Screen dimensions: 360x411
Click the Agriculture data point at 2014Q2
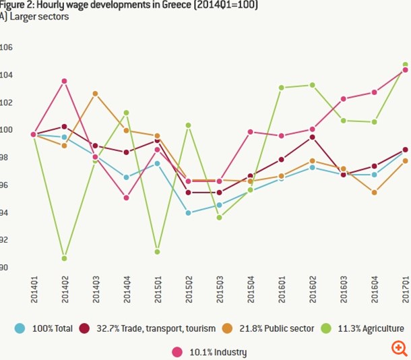(x=64, y=258)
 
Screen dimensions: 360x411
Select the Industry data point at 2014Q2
(x=64, y=82)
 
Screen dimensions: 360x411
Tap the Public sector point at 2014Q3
(x=96, y=94)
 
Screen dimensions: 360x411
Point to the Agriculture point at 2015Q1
(x=157, y=251)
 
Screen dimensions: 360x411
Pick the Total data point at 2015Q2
(x=188, y=213)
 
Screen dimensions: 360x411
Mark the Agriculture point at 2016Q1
(x=281, y=88)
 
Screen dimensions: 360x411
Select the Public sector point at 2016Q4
(x=374, y=192)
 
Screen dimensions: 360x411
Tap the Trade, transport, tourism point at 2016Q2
(x=312, y=138)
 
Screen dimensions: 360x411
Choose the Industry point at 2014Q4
(x=126, y=198)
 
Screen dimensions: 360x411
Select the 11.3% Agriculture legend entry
(x=367, y=328)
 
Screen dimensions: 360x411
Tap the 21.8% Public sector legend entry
(x=275, y=328)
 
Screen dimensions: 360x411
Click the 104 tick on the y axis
(x=6, y=75)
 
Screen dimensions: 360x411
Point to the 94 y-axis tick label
(x=6, y=213)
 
